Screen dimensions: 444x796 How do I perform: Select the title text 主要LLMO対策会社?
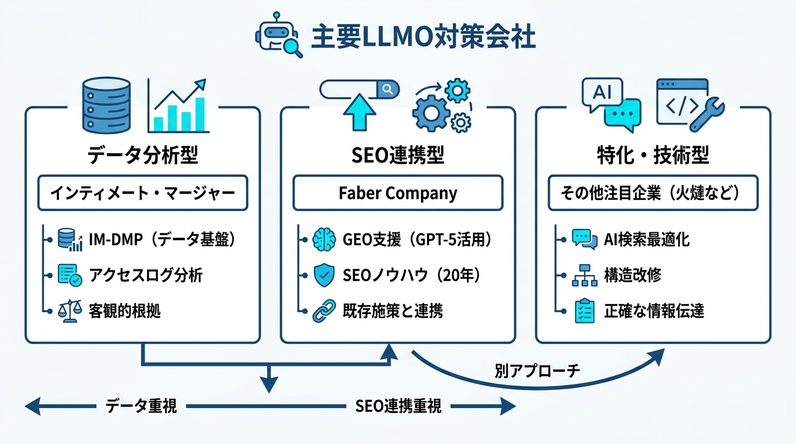pyautogui.click(x=423, y=37)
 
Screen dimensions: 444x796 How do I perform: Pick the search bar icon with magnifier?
pyautogui.click(x=359, y=90)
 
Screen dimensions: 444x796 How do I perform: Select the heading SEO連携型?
pyautogui.click(x=397, y=155)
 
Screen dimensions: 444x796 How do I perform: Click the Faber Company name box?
pyautogui.click(x=397, y=193)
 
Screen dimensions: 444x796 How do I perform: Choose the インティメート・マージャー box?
pyautogui.click(x=142, y=193)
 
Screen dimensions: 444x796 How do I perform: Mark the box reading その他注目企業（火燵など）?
pyautogui.click(x=653, y=193)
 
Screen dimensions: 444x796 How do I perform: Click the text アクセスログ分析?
pyautogui.click(x=146, y=275)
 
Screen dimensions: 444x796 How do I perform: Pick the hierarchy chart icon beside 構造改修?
pyautogui.click(x=584, y=276)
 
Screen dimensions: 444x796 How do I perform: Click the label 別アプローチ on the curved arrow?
pyautogui.click(x=537, y=371)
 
